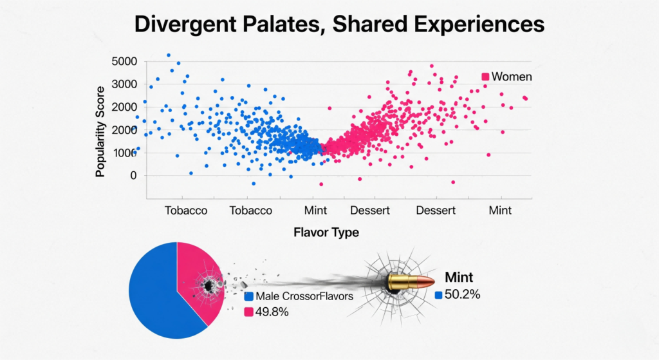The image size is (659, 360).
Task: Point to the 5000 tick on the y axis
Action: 125,62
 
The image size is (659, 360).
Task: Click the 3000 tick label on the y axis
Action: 125,84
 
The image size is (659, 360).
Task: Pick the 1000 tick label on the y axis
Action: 125,153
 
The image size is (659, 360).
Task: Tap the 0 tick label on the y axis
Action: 133,175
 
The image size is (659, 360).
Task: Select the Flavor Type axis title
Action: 326,232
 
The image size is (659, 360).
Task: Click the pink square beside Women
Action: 485,77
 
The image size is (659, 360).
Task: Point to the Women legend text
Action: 512,77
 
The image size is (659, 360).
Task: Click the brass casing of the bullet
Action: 399,282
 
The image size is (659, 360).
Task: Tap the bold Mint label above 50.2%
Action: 459,278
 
